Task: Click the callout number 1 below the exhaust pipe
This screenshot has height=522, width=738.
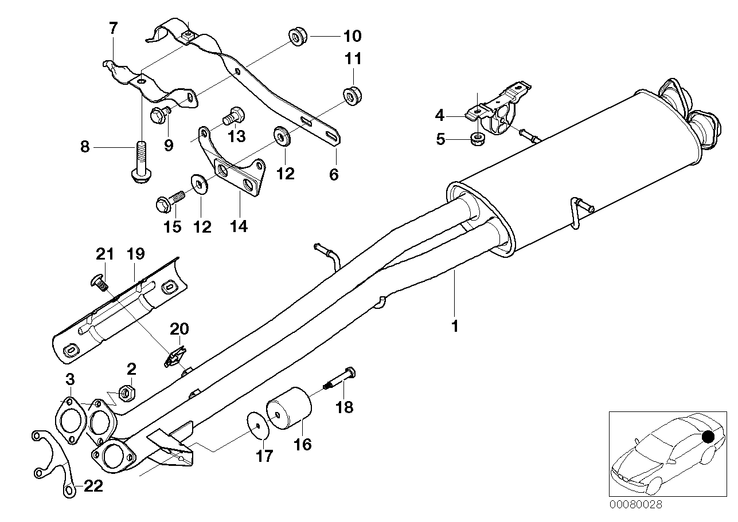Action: pyautogui.click(x=455, y=327)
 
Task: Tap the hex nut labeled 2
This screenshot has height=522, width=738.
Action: pyautogui.click(x=127, y=393)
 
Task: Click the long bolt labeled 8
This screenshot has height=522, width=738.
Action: pyautogui.click(x=138, y=164)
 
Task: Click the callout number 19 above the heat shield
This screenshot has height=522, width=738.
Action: pyautogui.click(x=136, y=254)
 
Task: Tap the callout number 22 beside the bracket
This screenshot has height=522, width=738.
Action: pyautogui.click(x=93, y=486)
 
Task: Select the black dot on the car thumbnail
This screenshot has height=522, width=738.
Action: pyautogui.click(x=708, y=437)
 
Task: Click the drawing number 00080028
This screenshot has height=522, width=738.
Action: pyautogui.click(x=635, y=505)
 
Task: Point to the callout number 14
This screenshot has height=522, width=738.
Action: pyautogui.click(x=239, y=226)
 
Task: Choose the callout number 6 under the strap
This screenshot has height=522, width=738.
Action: pyautogui.click(x=334, y=174)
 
